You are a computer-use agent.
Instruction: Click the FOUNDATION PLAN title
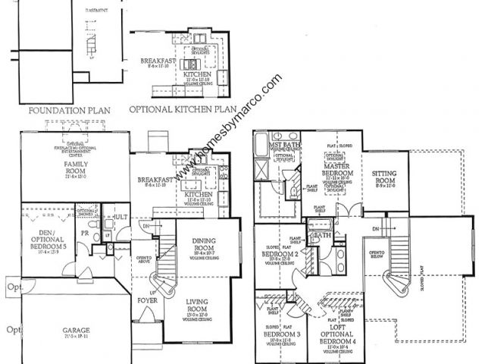point(69,110)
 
